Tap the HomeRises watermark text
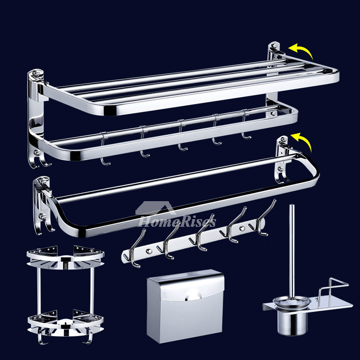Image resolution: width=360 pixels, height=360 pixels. [x=177, y=222]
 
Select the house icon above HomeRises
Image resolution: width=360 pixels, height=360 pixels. [x=156, y=208]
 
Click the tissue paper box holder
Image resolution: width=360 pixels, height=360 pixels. [x=185, y=306]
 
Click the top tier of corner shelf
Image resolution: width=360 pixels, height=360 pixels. [x=65, y=257]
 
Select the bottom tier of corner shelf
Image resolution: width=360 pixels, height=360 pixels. [x=65, y=321]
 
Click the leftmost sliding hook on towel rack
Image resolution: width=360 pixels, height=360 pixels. [x=104, y=149]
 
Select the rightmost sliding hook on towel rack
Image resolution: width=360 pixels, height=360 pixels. [x=245, y=125]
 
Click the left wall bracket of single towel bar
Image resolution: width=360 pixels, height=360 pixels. [x=42, y=204]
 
